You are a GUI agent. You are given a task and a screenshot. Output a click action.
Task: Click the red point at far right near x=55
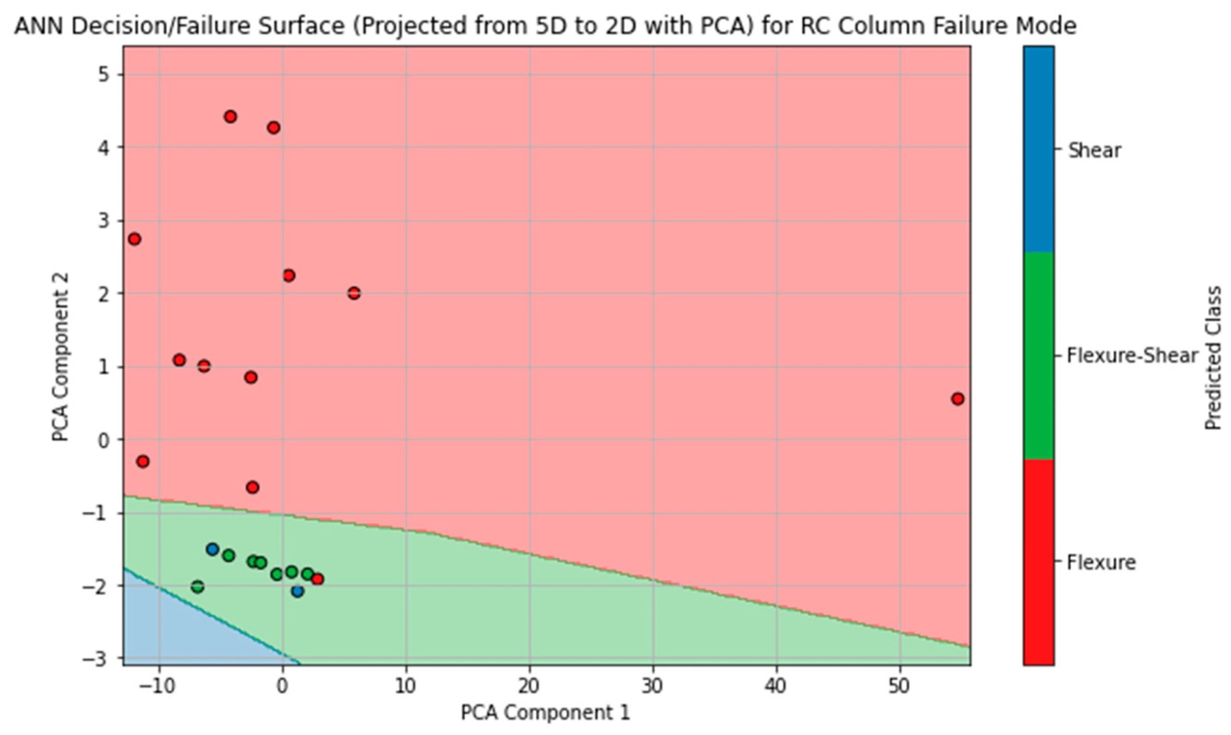click(x=957, y=399)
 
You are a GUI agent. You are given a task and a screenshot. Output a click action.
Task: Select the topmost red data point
click(x=230, y=117)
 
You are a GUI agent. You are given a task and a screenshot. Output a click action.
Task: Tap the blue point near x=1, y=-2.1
click(x=297, y=591)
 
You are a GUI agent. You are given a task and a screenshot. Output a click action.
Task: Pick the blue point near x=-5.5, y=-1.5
click(x=213, y=549)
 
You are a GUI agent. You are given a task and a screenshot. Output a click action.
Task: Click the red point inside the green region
click(x=317, y=579)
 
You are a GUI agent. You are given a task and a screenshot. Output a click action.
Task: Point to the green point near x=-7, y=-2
click(x=198, y=587)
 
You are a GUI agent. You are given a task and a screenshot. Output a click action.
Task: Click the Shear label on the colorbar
click(x=1093, y=150)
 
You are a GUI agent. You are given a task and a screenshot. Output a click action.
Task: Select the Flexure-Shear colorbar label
click(x=1132, y=356)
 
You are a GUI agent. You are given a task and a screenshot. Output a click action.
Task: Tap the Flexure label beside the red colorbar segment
click(x=1101, y=562)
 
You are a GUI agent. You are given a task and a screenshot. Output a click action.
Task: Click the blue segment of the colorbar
click(x=1039, y=149)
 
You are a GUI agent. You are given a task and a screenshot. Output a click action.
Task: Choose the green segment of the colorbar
click(x=1039, y=356)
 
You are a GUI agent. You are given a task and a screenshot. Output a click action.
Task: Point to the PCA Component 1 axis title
click(x=545, y=713)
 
